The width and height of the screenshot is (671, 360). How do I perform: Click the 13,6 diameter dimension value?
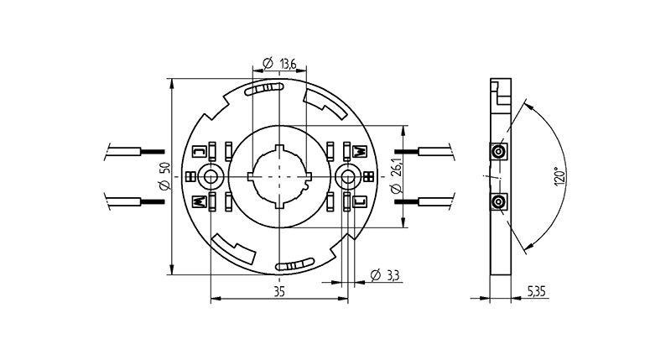click(288, 64)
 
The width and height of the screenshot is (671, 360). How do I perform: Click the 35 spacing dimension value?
click(279, 291)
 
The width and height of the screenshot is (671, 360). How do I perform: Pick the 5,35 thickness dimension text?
click(536, 291)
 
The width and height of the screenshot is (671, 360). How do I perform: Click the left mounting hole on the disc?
click(211, 176)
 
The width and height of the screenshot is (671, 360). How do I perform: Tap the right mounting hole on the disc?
click(347, 176)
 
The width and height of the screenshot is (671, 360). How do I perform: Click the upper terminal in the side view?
click(498, 152)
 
